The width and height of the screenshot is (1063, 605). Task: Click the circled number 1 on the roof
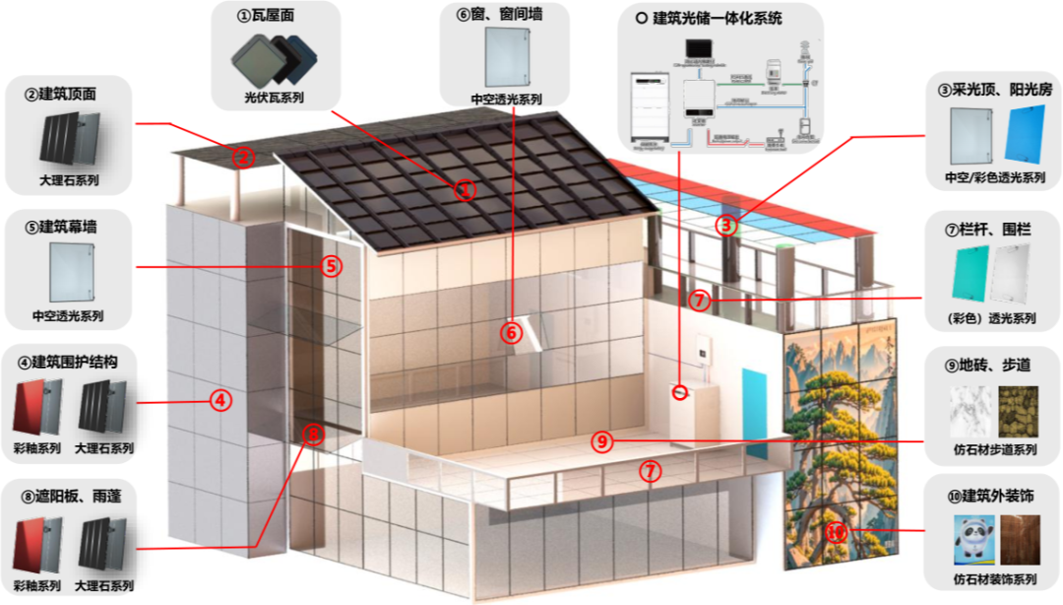(465, 189)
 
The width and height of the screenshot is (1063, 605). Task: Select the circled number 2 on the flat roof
(243, 156)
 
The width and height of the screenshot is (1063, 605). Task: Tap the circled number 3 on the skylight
(725, 225)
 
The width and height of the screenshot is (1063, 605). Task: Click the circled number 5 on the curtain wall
(331, 265)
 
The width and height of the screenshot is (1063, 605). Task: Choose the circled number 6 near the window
(510, 332)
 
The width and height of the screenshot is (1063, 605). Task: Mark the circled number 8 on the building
(313, 434)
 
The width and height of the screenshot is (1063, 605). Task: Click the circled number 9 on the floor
(602, 441)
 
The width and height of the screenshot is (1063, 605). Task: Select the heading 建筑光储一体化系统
(719, 19)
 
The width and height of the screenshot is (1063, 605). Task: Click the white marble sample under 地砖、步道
(969, 413)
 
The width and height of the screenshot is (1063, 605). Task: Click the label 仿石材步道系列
(990, 450)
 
